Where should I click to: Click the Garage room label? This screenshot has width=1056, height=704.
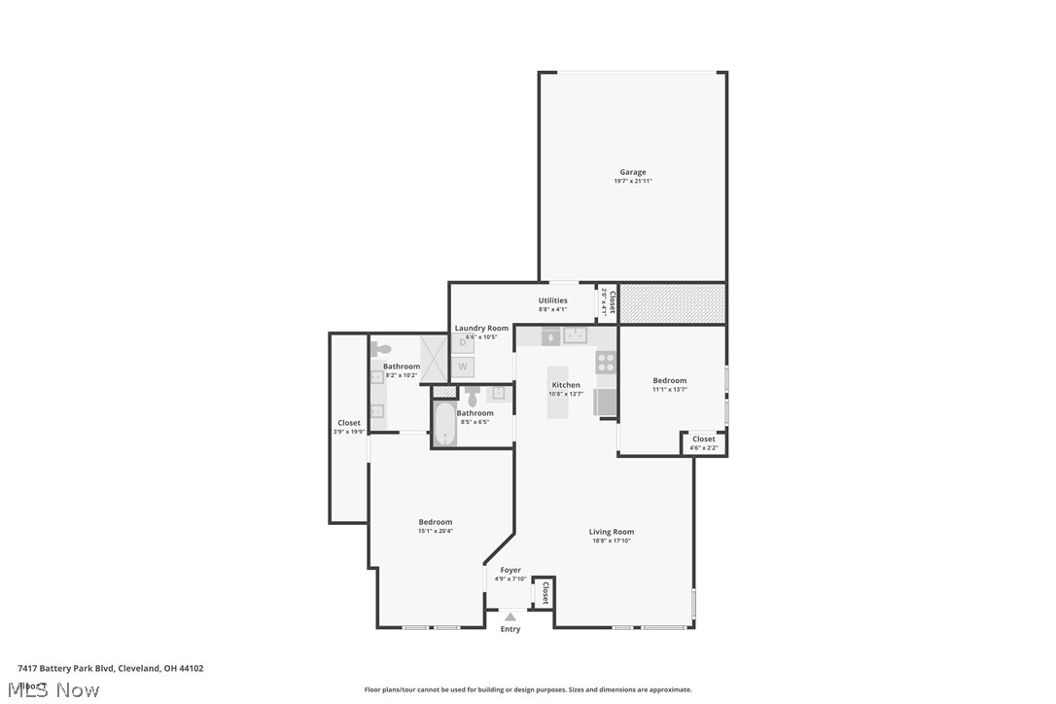(x=632, y=172)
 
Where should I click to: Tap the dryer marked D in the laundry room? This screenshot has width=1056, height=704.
(x=464, y=342)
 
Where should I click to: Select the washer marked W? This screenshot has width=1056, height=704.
(x=464, y=367)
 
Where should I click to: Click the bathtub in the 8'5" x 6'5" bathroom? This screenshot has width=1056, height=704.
(x=444, y=425)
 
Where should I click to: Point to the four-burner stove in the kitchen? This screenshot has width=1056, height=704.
(x=606, y=363)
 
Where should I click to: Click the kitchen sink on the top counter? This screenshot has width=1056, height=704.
(x=578, y=336)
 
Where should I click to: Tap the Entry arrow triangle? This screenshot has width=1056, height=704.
(x=510, y=615)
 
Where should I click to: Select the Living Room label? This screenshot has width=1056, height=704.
(x=611, y=532)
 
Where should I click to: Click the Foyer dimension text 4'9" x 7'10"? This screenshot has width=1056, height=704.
(x=510, y=580)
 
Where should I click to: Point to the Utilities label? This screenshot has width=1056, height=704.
(x=552, y=300)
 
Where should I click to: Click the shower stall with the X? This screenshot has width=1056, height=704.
(x=434, y=356)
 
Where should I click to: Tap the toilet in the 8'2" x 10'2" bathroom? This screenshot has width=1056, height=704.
(x=382, y=350)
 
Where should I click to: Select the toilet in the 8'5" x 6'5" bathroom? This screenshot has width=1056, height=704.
(x=473, y=397)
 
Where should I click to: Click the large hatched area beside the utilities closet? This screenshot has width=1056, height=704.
(x=672, y=303)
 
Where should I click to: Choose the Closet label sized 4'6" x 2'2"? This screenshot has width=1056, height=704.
(x=703, y=440)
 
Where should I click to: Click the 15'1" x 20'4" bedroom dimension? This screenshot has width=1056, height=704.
(x=435, y=531)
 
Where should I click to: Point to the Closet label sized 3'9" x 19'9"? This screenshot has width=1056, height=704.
(x=349, y=423)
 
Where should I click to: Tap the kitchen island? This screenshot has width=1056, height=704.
(x=560, y=392)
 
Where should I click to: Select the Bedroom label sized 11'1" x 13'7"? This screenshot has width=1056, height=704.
(x=669, y=380)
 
